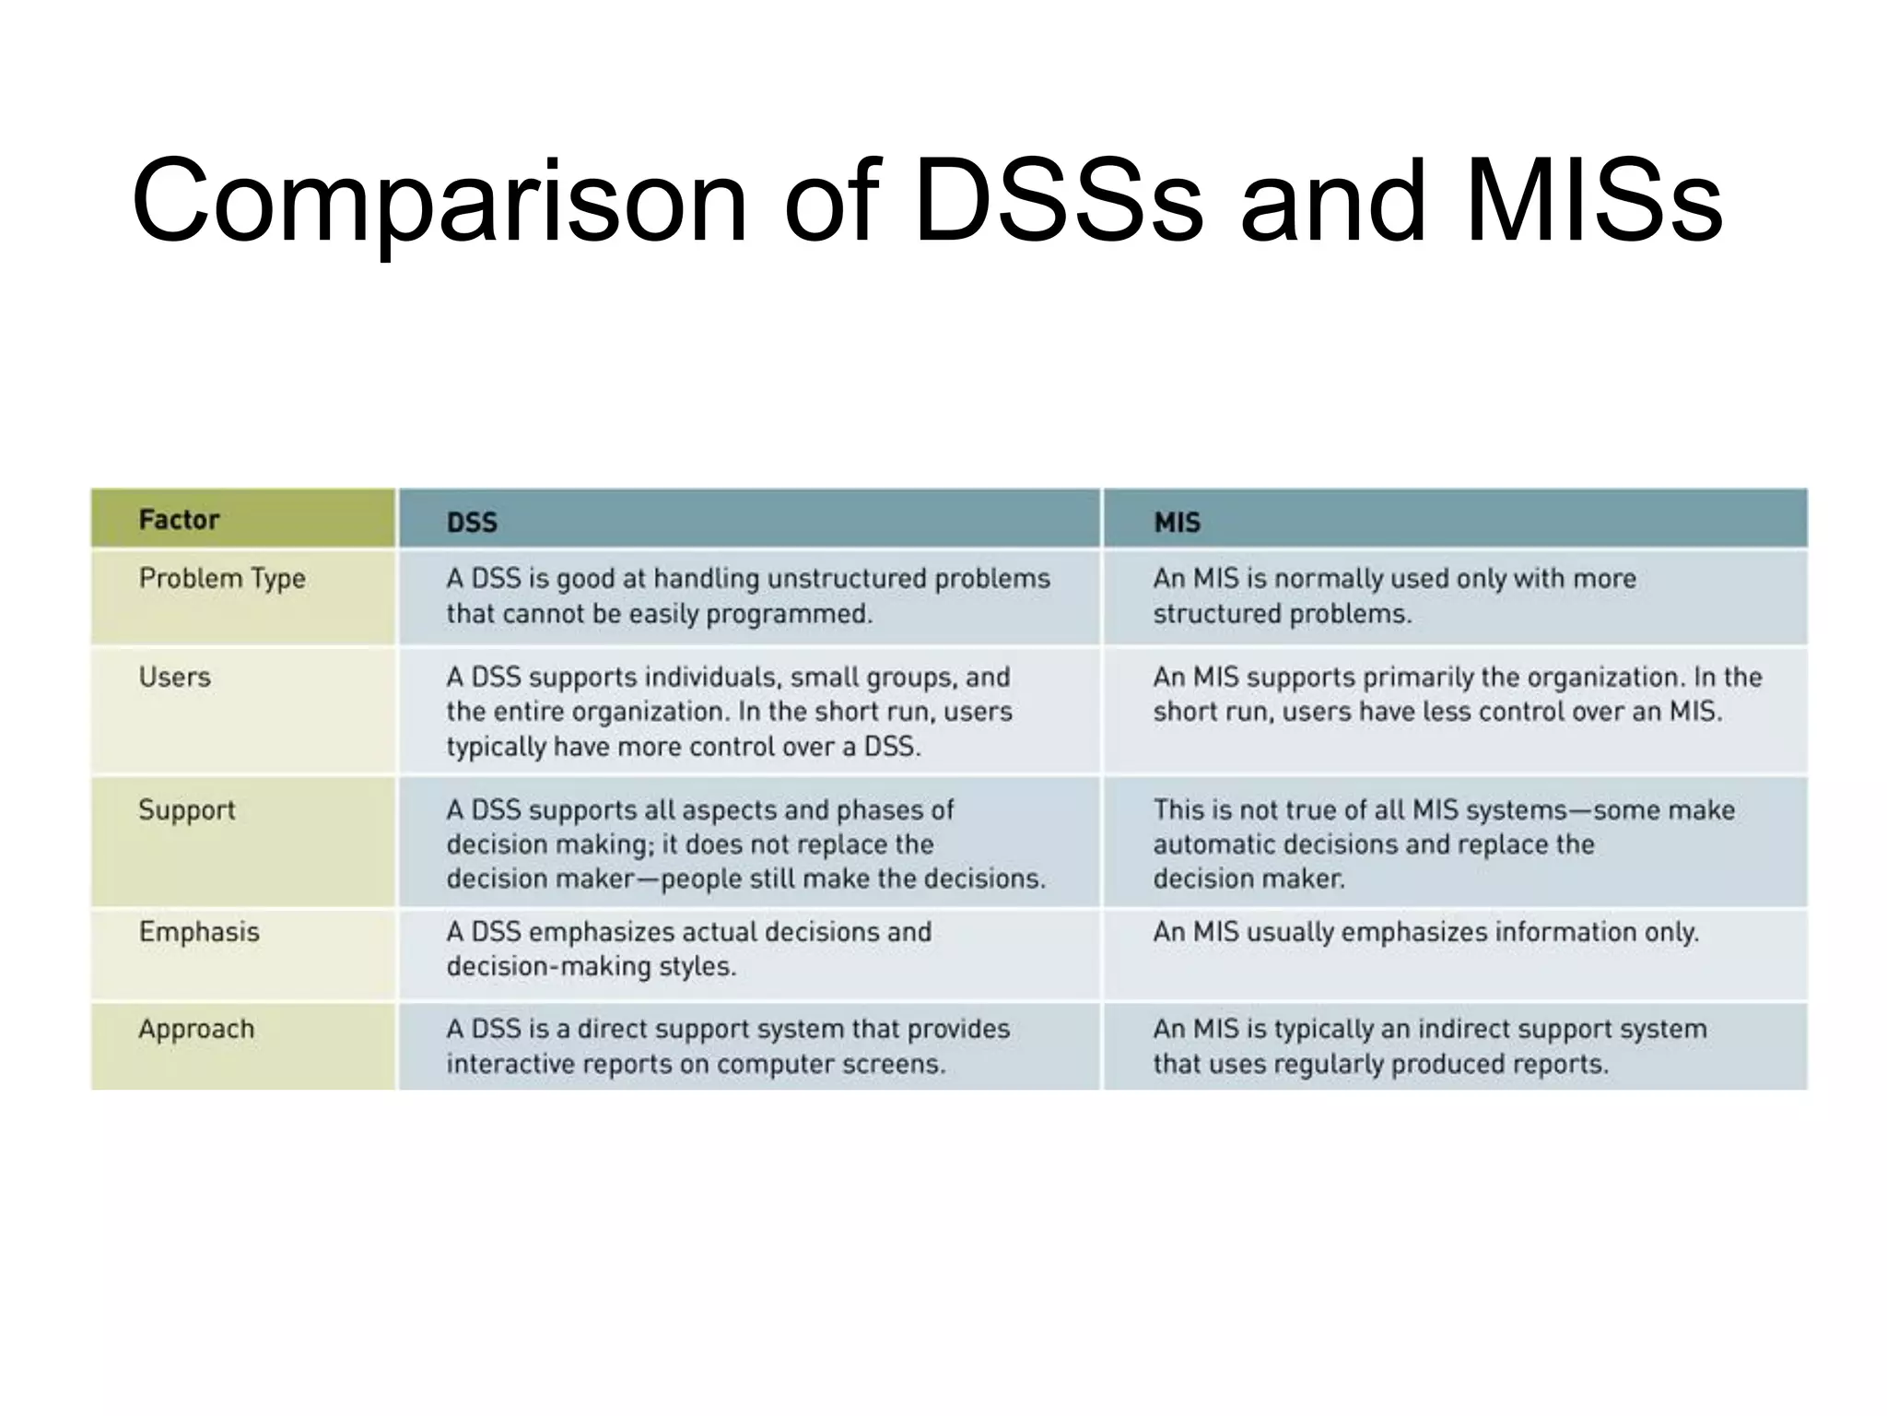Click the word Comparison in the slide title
pyautogui.click(x=439, y=203)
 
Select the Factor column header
pyautogui.click(x=179, y=520)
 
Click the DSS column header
pyautogui.click(x=472, y=523)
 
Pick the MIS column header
pyautogui.click(x=1177, y=523)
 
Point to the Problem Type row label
pyautogui.click(x=222, y=579)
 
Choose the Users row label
pyautogui.click(x=175, y=678)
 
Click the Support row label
pyautogui.click(x=187, y=810)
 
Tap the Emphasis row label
pyautogui.click(x=199, y=932)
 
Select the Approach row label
pyautogui.click(x=196, y=1029)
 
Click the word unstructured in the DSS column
pyautogui.click(x=847, y=579)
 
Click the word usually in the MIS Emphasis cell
pyautogui.click(x=1290, y=932)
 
